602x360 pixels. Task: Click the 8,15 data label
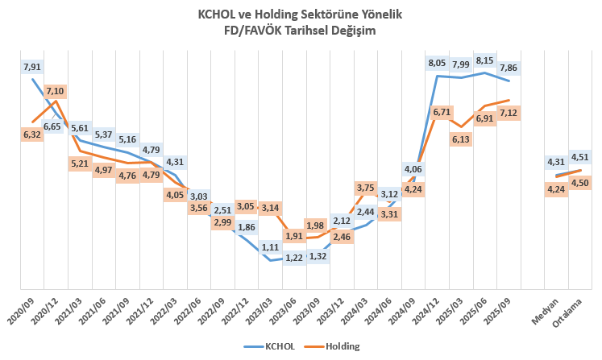[485, 60]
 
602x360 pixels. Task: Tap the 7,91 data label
[32, 66]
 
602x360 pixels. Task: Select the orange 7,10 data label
[56, 90]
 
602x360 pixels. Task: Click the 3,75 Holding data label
[366, 188]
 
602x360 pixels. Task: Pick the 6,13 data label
[461, 139]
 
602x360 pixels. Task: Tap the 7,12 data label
[509, 113]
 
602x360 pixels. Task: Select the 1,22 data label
[294, 257]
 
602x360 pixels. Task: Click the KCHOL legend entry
[272, 346]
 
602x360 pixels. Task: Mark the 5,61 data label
[79, 128]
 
